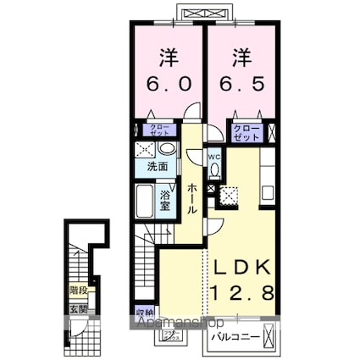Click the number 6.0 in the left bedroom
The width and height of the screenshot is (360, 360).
click(166, 84)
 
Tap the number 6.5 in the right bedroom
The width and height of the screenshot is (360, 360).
click(241, 84)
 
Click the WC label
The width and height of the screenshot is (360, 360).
click(214, 156)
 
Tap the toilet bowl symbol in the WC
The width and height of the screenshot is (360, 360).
click(214, 170)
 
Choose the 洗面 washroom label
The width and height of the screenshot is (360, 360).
click(158, 167)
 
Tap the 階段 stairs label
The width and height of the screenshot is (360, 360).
click(79, 291)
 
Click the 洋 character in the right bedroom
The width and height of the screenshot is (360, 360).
click(241, 57)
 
